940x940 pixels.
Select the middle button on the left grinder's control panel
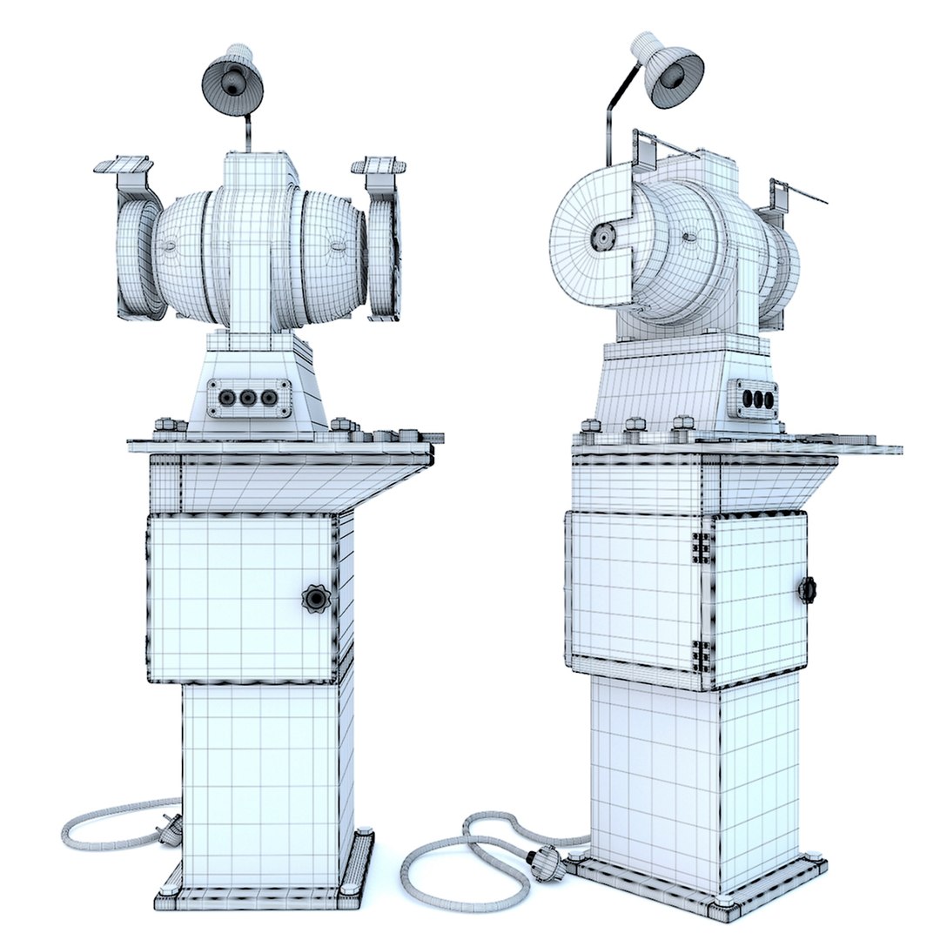[x=248, y=399]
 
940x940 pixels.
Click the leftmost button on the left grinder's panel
[x=227, y=398]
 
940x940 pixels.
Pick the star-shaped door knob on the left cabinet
[x=315, y=598]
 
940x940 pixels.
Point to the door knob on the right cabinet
[x=806, y=589]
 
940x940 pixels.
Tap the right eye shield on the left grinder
[x=379, y=165]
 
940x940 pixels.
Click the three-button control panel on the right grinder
[x=754, y=399]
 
